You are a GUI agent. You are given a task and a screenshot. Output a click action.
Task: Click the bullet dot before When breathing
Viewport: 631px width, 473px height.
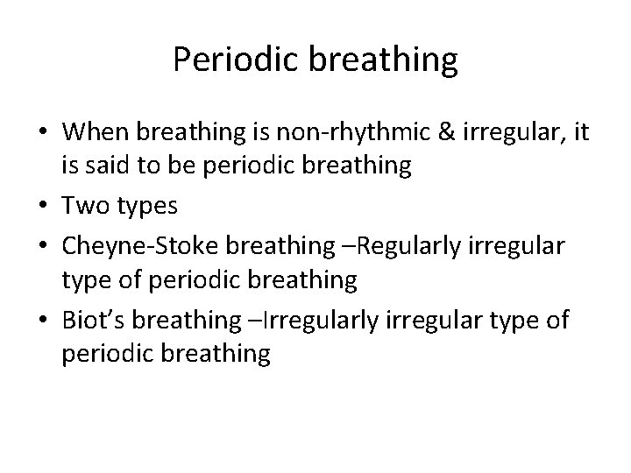coord(43,132)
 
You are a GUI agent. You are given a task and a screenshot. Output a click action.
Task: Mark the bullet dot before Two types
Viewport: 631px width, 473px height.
coord(43,208)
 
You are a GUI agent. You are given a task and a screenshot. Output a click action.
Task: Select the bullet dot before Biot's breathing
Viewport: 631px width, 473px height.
coord(43,321)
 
